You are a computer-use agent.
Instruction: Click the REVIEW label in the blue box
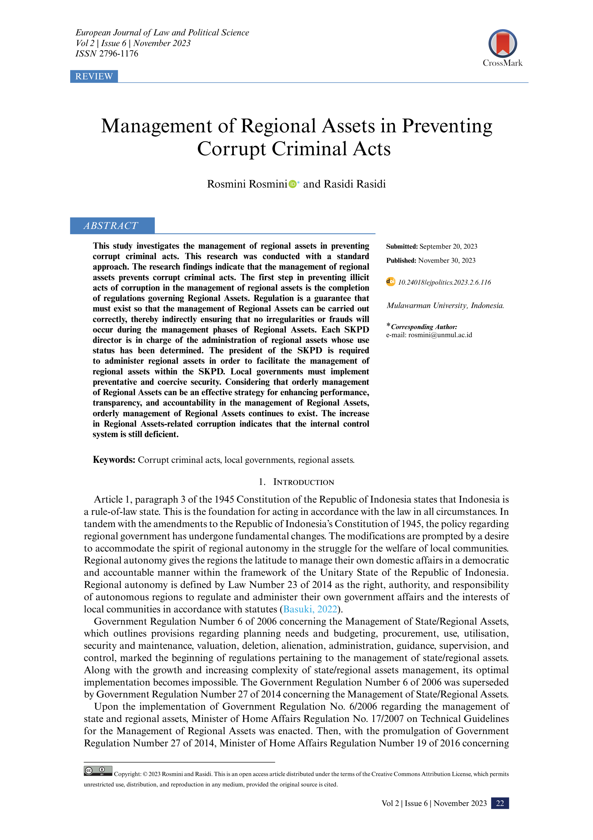point(94,76)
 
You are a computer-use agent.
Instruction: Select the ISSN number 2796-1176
point(119,54)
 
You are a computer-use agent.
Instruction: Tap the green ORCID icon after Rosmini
point(292,184)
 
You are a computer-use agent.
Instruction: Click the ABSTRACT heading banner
point(112,226)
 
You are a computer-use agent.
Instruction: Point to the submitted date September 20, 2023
point(448,247)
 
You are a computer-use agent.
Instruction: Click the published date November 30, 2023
point(447,260)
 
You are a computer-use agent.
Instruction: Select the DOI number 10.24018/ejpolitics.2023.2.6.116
point(444,283)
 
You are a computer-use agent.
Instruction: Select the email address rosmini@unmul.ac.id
point(440,335)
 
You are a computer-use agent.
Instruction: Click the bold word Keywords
point(114,460)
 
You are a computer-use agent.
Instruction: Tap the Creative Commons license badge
point(98,771)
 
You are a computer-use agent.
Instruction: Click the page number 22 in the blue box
point(500,803)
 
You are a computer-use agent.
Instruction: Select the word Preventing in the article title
point(447,126)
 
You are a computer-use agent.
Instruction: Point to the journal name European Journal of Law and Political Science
point(162,33)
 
